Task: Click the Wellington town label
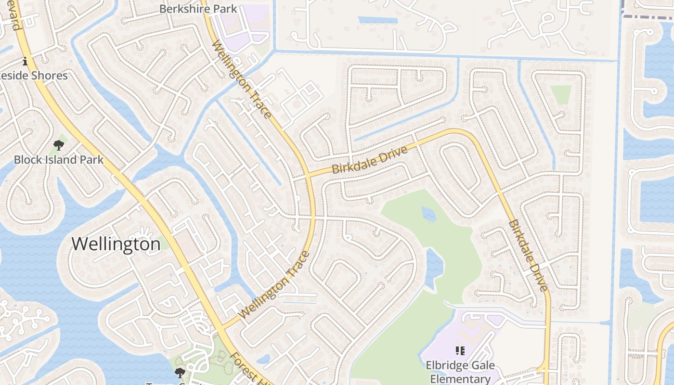click(116, 244)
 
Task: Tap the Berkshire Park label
click(198, 9)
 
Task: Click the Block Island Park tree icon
click(59, 145)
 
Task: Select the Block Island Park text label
click(59, 160)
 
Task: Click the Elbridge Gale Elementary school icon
click(460, 351)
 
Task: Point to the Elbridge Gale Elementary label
click(460, 372)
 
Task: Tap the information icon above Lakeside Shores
click(25, 62)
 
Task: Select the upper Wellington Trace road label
click(242, 79)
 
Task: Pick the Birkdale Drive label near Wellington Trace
click(370, 160)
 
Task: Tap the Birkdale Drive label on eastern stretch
click(529, 256)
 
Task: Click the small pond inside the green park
click(428, 213)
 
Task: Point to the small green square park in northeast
click(561, 94)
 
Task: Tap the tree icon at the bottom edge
click(180, 372)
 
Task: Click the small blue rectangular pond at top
click(377, 20)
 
